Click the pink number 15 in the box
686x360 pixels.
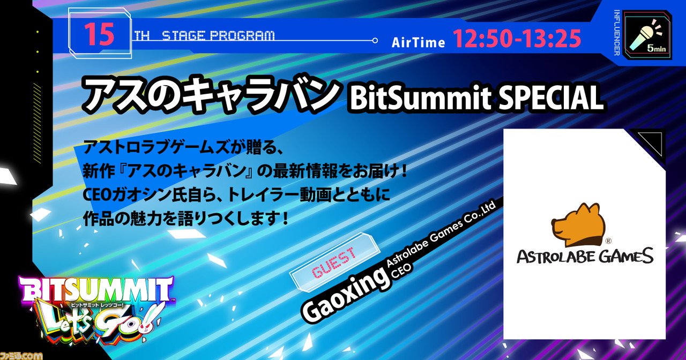click(x=99, y=34)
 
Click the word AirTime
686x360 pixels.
click(x=418, y=42)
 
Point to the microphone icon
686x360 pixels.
click(x=645, y=36)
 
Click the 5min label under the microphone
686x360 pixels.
click(x=657, y=48)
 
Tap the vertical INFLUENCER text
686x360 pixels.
click(x=617, y=33)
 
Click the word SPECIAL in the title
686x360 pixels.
click(x=550, y=97)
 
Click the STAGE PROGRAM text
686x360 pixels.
click(x=218, y=36)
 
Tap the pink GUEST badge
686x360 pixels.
click(x=334, y=262)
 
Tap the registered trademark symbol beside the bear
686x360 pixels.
click(x=608, y=241)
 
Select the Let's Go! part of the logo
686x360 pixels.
click(x=101, y=323)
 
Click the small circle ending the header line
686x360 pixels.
click(x=375, y=40)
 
